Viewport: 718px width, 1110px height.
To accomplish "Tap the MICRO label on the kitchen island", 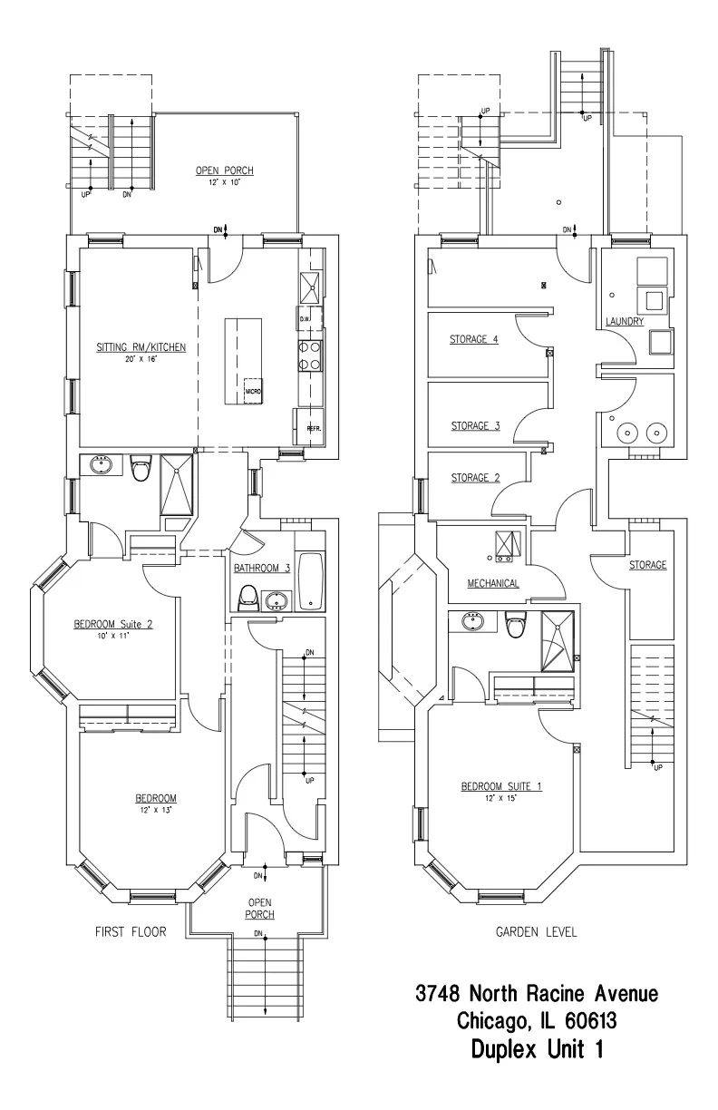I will pos(253,392).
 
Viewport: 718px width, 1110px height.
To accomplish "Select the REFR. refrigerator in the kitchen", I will pos(309,427).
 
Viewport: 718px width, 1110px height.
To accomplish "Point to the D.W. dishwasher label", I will pos(305,318).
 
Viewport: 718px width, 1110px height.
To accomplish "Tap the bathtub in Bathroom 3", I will pos(311,580).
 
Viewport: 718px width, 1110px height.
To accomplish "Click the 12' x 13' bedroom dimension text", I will pos(150,810).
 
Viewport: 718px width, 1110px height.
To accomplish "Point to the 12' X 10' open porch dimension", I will pos(224,182).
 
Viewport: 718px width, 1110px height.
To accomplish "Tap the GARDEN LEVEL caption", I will pos(535,931).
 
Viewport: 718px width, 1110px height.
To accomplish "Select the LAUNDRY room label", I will pos(625,321).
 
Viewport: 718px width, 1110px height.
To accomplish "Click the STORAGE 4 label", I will pos(474,341).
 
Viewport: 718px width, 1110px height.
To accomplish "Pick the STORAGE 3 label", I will pos(475,424).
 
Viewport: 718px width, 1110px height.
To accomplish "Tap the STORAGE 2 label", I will pos(475,478).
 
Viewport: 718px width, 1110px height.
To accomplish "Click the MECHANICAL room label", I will pos(493,583).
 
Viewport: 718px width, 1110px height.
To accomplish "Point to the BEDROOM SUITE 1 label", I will pos(501,785).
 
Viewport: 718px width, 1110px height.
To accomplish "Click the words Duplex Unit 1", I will pos(537,1050).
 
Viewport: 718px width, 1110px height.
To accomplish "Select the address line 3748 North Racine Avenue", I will pos(537,993).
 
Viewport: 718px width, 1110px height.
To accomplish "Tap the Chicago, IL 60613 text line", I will pos(537,1022).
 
